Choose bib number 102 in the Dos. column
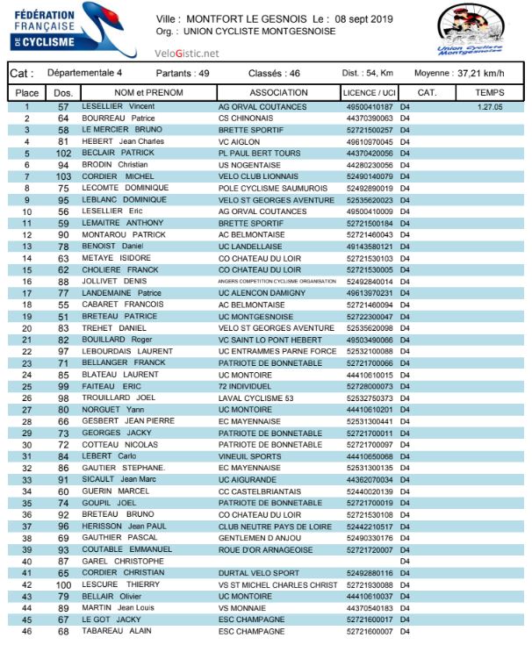pyautogui.click(x=63, y=153)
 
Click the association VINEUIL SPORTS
pyautogui.click(x=250, y=456)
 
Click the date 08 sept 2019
pyautogui.click(x=359, y=18)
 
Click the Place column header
pyautogui.click(x=27, y=92)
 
